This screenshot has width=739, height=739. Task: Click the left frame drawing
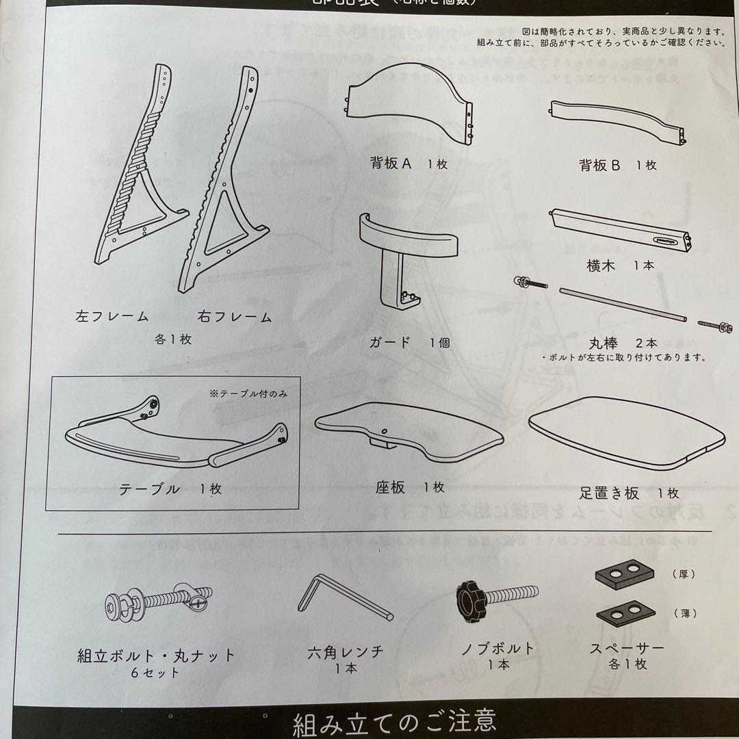[x=140, y=171]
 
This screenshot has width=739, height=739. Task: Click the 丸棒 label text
[x=605, y=343]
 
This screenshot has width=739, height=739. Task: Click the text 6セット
[x=156, y=673]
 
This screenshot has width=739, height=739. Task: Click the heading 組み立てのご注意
[x=394, y=722]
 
